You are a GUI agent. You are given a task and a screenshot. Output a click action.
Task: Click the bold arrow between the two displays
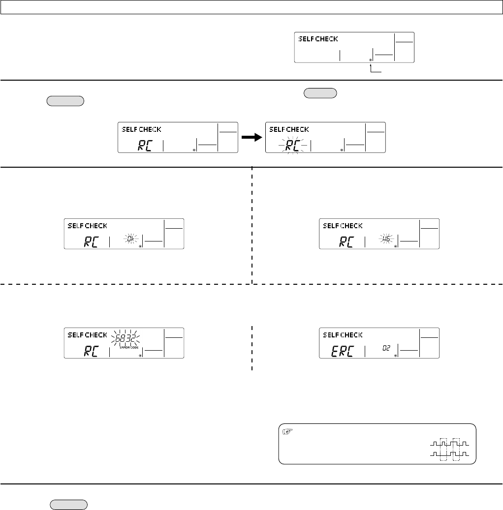pyautogui.click(x=251, y=139)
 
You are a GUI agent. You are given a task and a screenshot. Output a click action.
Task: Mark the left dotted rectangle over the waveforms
pyautogui.click(x=444, y=449)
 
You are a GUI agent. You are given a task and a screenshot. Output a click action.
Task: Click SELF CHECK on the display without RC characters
pyautogui.click(x=317, y=39)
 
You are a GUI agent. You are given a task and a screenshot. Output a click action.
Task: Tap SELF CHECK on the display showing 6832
pyautogui.click(x=87, y=335)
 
